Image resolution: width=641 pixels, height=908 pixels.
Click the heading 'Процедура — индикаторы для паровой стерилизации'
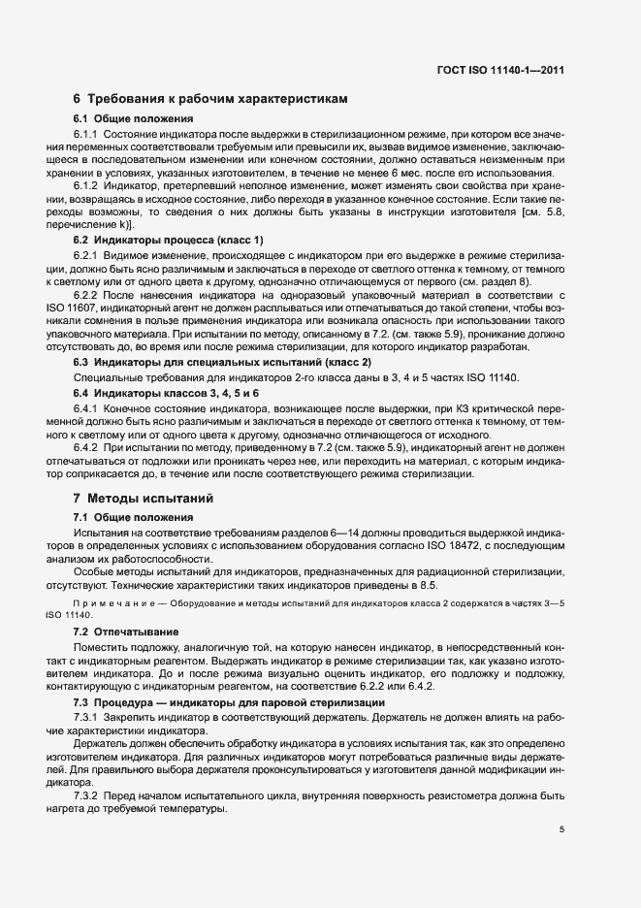point(242,702)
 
